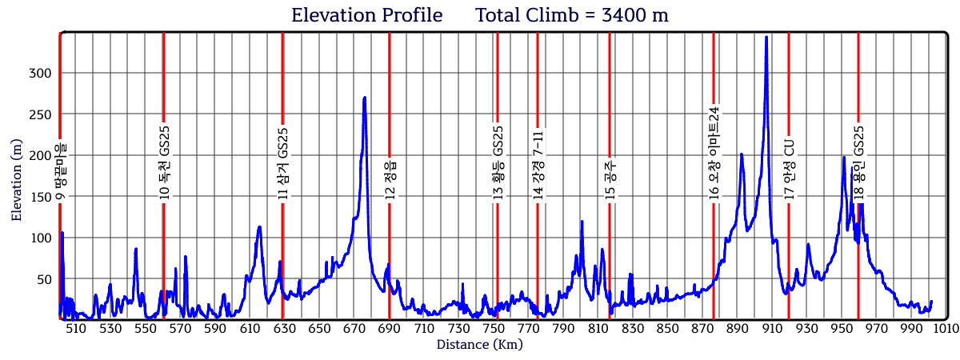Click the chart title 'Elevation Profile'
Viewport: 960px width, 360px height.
366,15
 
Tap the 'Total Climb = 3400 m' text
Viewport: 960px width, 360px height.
572,15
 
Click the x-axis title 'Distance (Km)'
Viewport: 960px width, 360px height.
479,345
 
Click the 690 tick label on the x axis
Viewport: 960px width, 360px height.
390,329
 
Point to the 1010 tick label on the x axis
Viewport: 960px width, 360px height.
946,329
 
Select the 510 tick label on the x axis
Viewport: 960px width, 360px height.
75,329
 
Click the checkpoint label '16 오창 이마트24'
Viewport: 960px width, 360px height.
714,152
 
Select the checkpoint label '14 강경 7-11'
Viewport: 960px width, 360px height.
538,165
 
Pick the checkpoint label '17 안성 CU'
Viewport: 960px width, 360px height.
789,170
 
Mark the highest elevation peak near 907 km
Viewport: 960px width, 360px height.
766,37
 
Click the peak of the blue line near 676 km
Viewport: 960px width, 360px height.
365,98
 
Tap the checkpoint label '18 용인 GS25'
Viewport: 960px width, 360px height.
858,162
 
